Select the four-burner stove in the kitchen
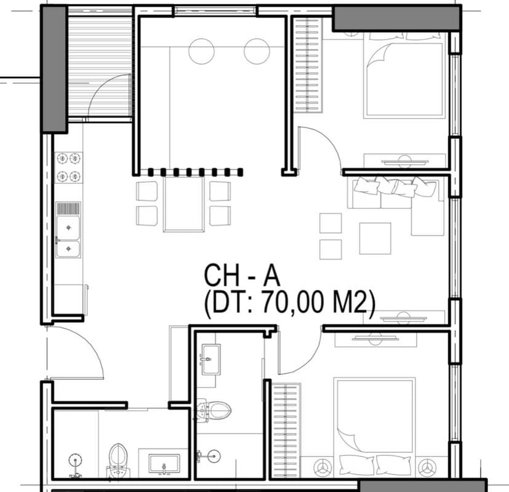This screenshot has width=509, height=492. tap(68, 167)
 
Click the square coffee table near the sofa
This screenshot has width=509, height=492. tap(375, 238)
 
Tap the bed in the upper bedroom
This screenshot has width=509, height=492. tap(404, 77)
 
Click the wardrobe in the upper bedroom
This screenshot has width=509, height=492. tap(308, 65)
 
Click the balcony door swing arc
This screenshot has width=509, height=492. tap(110, 95)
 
